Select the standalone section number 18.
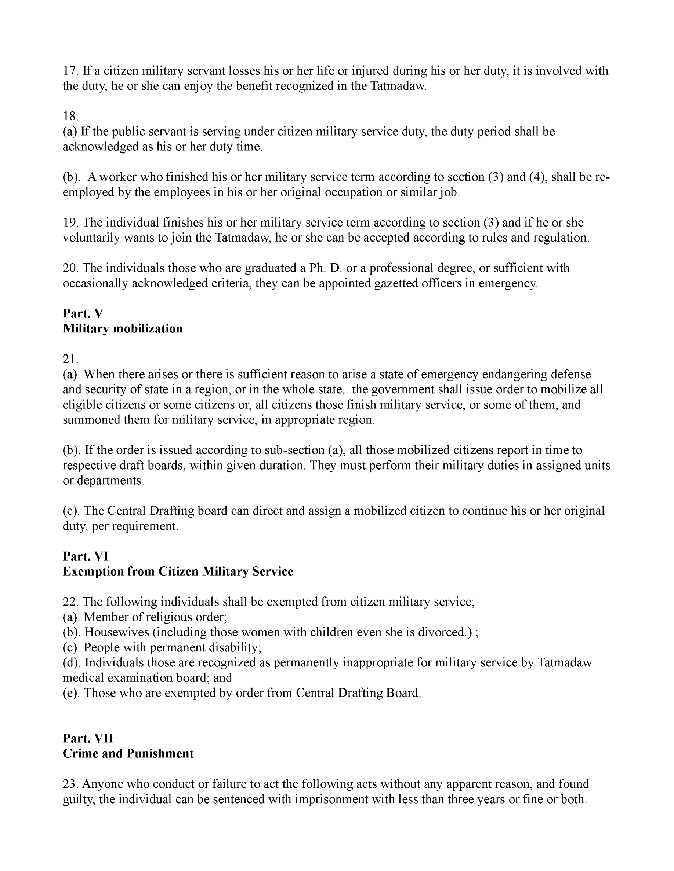[70, 116]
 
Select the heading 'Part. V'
[83, 313]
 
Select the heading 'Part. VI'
[86, 556]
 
